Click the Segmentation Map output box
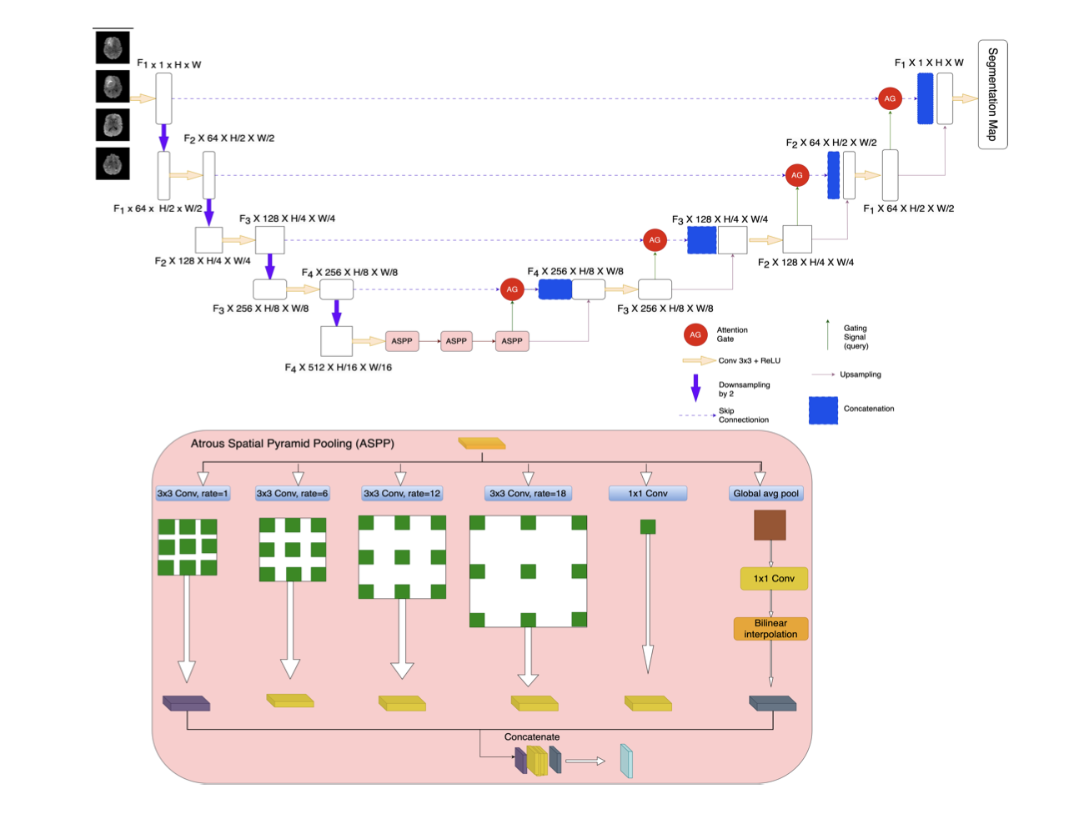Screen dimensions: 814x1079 (992, 94)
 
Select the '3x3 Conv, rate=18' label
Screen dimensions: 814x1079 (527, 494)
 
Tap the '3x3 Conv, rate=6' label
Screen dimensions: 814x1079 (292, 494)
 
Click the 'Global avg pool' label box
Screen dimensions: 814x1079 (765, 494)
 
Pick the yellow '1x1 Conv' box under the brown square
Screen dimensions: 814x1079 (774, 579)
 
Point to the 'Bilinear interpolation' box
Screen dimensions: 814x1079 (770, 629)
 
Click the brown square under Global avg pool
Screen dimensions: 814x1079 (770, 525)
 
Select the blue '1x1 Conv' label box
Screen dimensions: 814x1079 (648, 494)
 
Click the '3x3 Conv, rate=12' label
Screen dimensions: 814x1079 (401, 494)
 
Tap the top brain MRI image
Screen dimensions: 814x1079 (113, 48)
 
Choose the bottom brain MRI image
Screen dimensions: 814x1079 (113, 163)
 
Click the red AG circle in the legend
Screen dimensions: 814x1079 (695, 334)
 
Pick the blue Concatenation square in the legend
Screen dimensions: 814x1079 (823, 410)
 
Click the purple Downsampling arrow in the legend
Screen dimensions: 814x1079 (695, 388)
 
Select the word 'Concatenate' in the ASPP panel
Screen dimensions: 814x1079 (532, 737)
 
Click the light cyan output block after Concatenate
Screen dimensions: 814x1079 (626, 761)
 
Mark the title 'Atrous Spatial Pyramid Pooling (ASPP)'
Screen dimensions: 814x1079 (293, 444)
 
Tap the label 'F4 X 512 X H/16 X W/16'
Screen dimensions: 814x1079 (339, 368)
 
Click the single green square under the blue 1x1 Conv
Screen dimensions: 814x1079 (648, 527)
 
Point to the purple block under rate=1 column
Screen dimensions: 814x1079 (186, 703)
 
